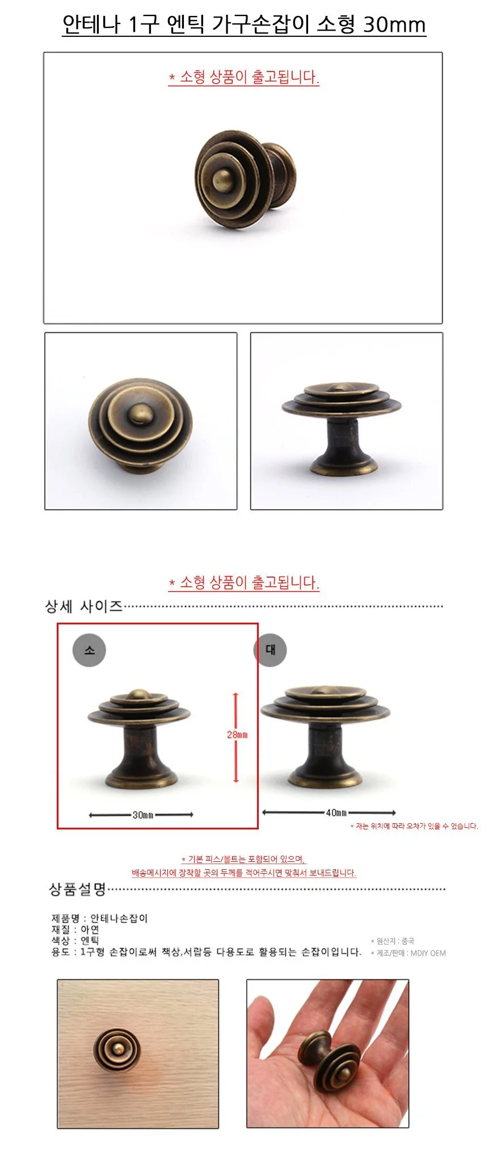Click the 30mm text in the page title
(x=394, y=24)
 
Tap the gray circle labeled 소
(x=90, y=650)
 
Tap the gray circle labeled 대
(x=270, y=649)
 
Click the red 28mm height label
(x=237, y=735)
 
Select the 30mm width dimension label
(x=143, y=815)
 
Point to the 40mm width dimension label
(x=336, y=812)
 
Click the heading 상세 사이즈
(x=84, y=606)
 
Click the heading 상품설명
(x=78, y=889)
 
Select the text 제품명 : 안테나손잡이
(x=100, y=918)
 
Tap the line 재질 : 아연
(x=75, y=929)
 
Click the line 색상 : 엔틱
(x=75, y=940)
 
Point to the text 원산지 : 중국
(x=393, y=941)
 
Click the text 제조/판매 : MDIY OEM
(x=408, y=953)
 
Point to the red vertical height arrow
(x=236, y=737)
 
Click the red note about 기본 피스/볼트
(x=244, y=860)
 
